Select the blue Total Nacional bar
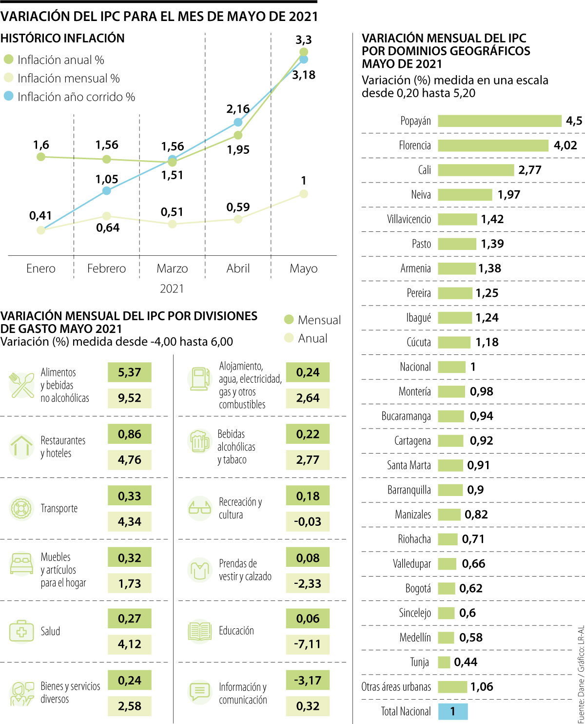pyautogui.click(x=453, y=711)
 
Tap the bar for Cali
pyautogui.click(x=476, y=170)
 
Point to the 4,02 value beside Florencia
pyautogui.click(x=565, y=145)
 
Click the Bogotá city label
pyautogui.click(x=418, y=588)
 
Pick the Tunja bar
pyautogui.click(x=444, y=662)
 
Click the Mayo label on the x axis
pyautogui.click(x=303, y=269)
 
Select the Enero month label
pyautogui.click(x=41, y=269)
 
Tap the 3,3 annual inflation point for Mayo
pyautogui.click(x=304, y=52)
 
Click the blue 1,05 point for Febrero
pyautogui.click(x=107, y=190)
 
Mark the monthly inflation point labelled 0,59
pyautogui.click(x=238, y=219)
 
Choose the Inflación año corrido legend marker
pyautogui.click(x=8, y=96)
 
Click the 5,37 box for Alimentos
pyautogui.click(x=129, y=372)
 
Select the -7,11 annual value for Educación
pyautogui.click(x=308, y=644)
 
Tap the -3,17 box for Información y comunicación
pyautogui.click(x=308, y=680)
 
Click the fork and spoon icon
pyautogui.click(x=21, y=385)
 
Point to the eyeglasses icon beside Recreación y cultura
pyautogui.click(x=199, y=508)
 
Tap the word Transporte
pyautogui.click(x=59, y=508)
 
